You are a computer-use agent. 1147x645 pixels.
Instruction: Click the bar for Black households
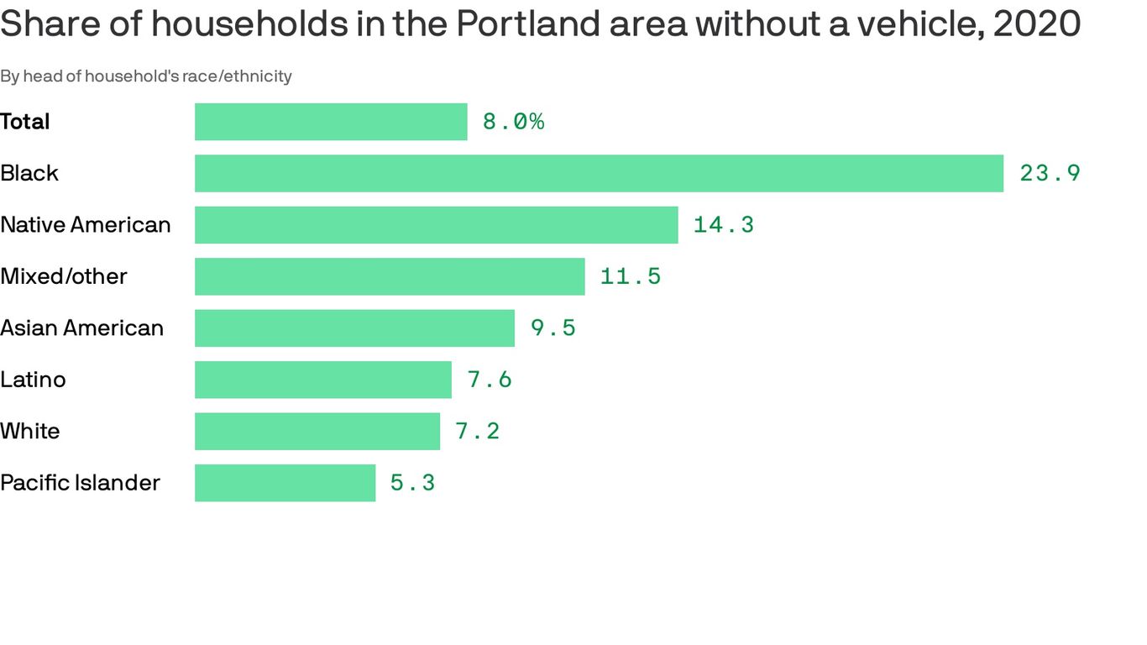(x=599, y=173)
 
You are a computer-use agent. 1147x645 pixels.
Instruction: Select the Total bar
(x=331, y=122)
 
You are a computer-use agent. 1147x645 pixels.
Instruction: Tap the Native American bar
(x=436, y=225)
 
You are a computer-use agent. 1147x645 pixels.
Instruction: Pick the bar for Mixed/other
(x=390, y=276)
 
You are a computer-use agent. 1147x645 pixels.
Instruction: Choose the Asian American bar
(x=354, y=328)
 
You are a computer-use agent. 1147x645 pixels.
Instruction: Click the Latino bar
(x=323, y=380)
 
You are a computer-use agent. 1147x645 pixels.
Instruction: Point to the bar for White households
(x=317, y=431)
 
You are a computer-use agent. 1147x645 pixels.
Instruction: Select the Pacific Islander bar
(x=285, y=483)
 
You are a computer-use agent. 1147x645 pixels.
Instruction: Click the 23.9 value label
(x=1050, y=173)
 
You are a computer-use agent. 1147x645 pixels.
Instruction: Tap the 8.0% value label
(x=513, y=122)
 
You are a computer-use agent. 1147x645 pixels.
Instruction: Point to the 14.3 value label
(x=723, y=225)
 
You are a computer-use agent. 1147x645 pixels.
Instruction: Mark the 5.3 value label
(x=412, y=483)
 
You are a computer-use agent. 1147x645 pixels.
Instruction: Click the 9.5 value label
(x=553, y=328)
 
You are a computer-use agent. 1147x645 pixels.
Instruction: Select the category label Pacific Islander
(x=80, y=483)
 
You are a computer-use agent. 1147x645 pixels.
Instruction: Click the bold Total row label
(x=25, y=122)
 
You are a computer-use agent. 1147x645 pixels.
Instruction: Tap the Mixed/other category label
(x=64, y=276)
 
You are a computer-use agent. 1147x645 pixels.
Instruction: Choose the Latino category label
(x=33, y=380)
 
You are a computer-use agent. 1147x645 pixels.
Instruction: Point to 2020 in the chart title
(x=1036, y=24)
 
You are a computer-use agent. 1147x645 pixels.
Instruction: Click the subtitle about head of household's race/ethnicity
(x=146, y=76)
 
